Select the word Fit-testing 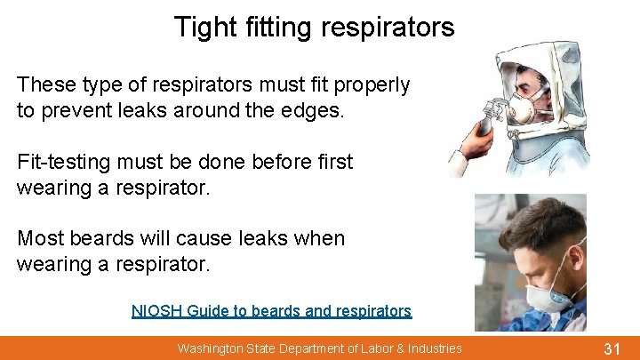[68, 163]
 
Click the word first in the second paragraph [332, 163]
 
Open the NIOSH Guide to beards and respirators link [271, 311]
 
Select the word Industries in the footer [433, 348]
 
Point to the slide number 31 [611, 348]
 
